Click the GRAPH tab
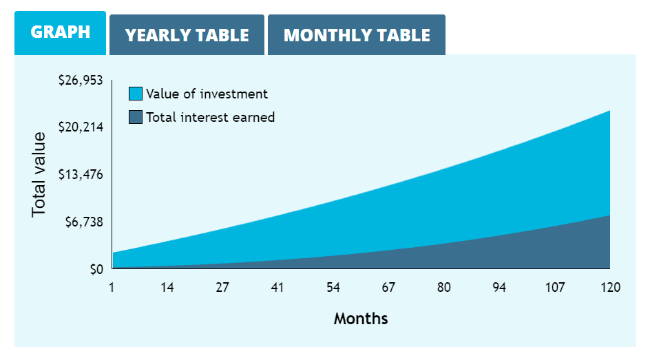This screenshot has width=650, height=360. [60, 32]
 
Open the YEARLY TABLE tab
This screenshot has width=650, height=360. [187, 35]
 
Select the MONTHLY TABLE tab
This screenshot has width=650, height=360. [357, 35]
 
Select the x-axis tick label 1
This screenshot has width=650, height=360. [112, 287]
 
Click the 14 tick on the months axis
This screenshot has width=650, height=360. [167, 287]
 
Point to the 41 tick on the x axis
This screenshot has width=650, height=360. [277, 287]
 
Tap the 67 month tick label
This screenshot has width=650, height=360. [388, 287]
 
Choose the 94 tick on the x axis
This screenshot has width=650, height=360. [499, 287]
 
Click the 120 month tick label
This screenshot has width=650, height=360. [609, 287]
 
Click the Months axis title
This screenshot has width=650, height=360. [361, 319]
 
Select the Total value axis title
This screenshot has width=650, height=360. [39, 174]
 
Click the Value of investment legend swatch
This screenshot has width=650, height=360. [136, 94]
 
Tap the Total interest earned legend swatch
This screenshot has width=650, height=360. [136, 117]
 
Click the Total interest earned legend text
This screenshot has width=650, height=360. [210, 117]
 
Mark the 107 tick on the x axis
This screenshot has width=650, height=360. [555, 287]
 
